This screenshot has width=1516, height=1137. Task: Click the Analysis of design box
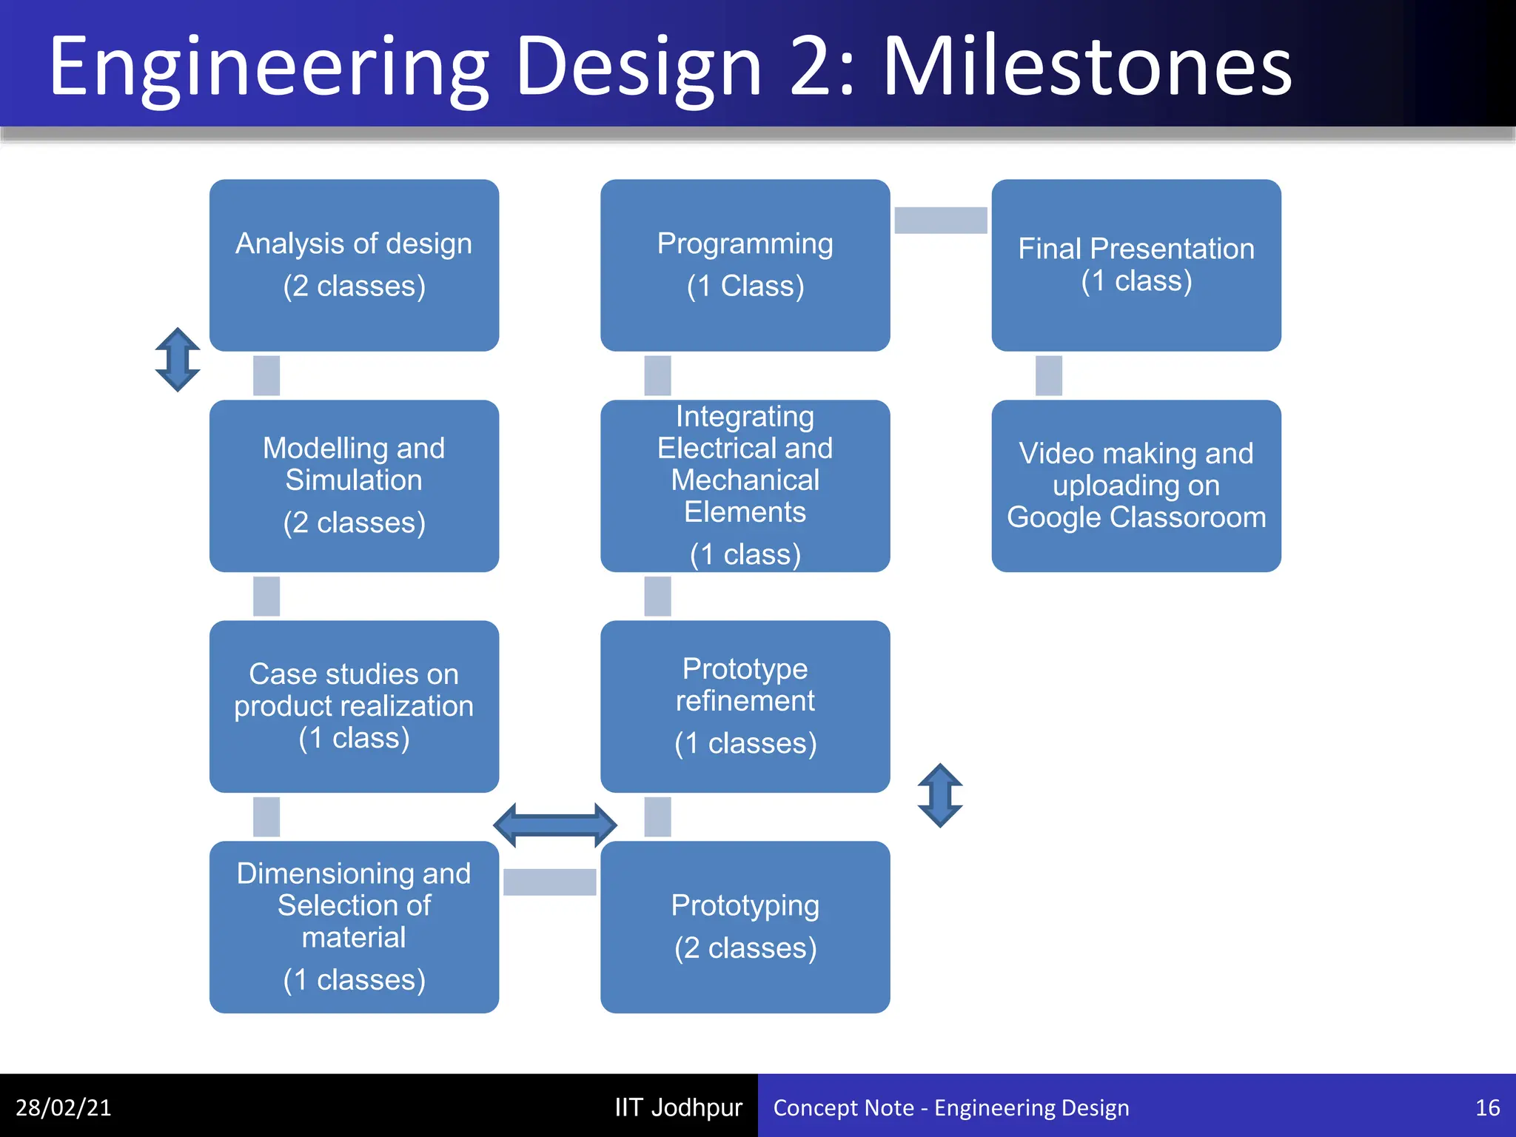354,265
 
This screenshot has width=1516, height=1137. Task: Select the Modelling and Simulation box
354,486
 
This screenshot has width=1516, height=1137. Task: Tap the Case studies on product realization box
354,706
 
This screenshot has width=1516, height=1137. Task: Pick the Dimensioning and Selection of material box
354,927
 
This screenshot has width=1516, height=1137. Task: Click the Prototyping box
745,927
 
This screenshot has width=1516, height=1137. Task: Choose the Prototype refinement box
745,706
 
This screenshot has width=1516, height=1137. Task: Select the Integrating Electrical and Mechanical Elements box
745,486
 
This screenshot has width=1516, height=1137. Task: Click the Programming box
745,265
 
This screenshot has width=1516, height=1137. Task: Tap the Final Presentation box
1136,265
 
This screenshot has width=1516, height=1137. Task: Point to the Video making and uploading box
1136,486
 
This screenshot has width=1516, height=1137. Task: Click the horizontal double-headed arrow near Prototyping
554,825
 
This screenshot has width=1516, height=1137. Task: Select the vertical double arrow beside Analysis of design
178,360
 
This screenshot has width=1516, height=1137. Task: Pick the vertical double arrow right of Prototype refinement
939,795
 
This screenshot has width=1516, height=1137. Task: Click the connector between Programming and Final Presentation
940,220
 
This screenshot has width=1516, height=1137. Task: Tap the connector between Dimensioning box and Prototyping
549,882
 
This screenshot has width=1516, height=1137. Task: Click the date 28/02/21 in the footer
64,1107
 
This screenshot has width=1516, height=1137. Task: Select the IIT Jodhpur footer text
678,1107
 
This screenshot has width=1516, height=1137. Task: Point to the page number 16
1487,1107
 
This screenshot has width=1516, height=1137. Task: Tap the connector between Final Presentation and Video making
1048,375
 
